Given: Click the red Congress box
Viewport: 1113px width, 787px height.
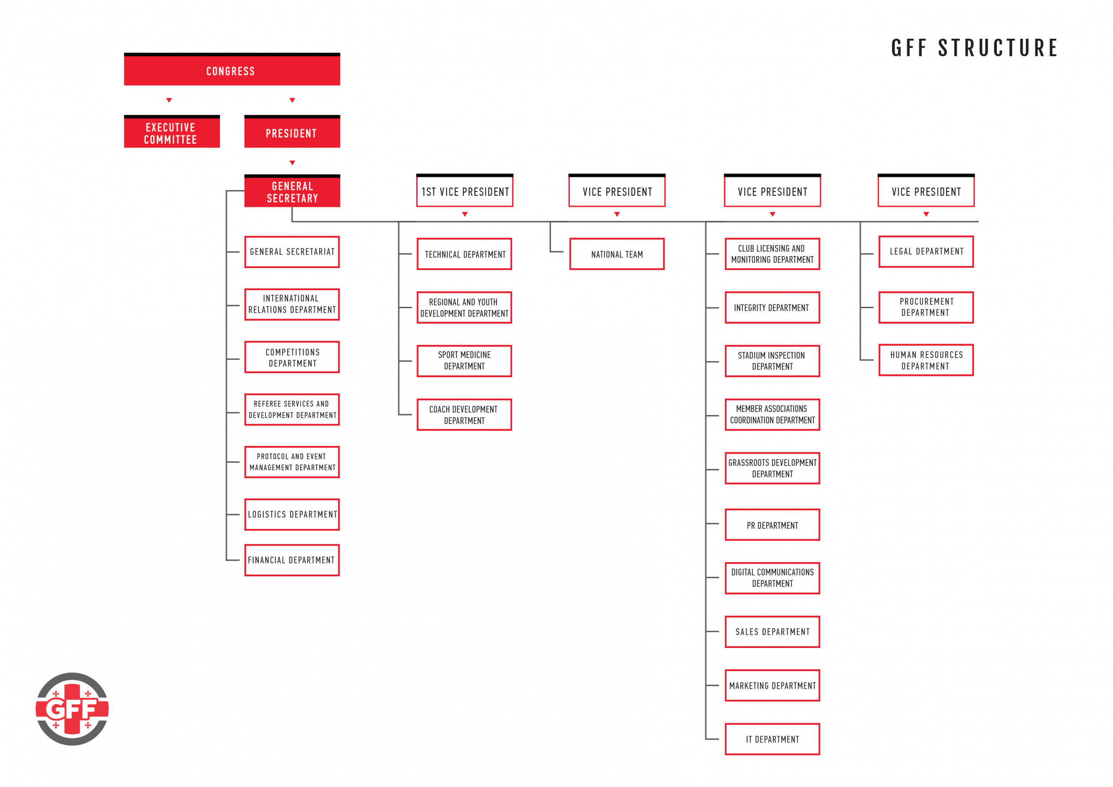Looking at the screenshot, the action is click(232, 69).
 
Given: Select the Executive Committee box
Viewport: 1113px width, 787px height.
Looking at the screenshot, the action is click(171, 131).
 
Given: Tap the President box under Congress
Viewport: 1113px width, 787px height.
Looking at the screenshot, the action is click(292, 131).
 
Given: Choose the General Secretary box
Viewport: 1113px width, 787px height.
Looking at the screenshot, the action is click(292, 191).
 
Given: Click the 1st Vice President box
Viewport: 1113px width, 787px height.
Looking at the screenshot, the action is click(464, 191).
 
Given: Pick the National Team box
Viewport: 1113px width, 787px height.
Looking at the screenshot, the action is click(617, 254).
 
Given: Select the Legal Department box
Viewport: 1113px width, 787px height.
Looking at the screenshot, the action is click(926, 252).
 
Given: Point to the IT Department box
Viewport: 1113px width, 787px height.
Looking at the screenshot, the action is click(772, 739).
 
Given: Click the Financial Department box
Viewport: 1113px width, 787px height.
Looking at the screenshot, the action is click(292, 560).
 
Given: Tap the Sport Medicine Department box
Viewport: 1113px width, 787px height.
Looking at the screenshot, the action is click(464, 361).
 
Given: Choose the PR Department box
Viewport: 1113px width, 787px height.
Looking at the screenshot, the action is click(772, 525).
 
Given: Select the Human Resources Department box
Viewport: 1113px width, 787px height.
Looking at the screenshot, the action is click(926, 360).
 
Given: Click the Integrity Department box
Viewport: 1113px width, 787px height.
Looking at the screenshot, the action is click(772, 307).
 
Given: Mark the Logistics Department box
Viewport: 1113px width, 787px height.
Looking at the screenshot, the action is click(292, 514).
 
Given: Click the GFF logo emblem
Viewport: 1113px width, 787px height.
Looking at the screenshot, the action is click(72, 709).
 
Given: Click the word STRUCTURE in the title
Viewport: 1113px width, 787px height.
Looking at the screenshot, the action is click(998, 48).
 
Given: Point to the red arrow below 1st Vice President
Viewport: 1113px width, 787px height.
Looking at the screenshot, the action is click(464, 214).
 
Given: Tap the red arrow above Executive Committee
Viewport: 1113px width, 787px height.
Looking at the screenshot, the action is click(169, 100).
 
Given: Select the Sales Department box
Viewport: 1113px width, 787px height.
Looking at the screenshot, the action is click(772, 632).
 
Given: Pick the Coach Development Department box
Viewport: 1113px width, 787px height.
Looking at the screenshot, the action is click(464, 415).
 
